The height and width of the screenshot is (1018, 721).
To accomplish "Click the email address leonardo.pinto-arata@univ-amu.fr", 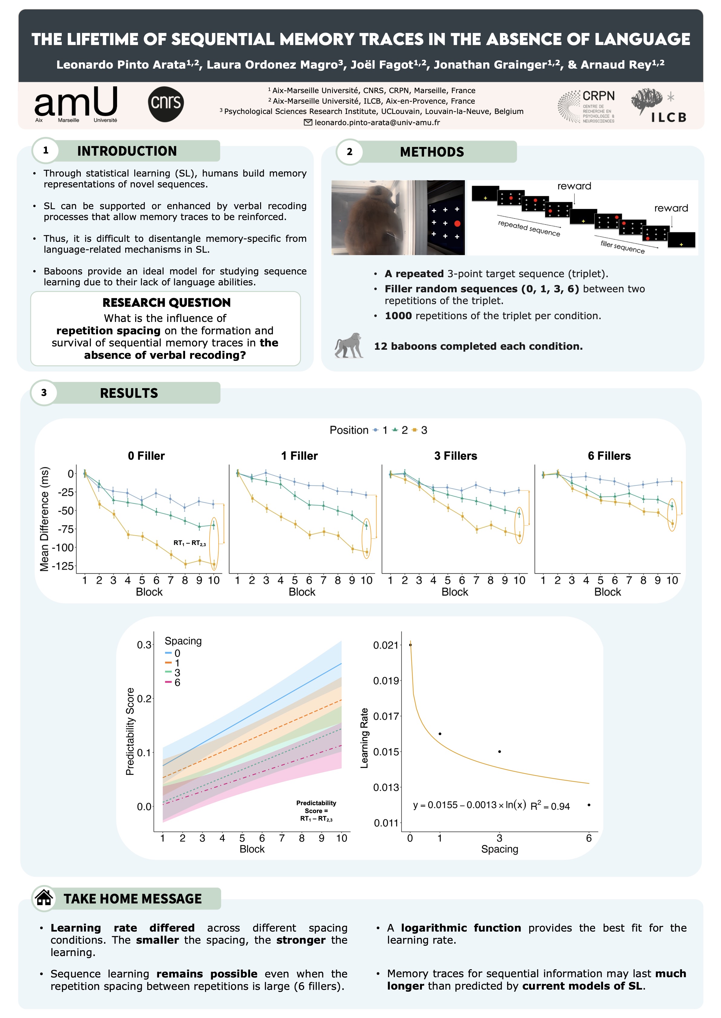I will [377, 122].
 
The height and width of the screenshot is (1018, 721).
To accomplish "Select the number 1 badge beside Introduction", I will [46, 150].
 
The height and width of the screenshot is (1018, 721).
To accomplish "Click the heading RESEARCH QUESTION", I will [166, 303].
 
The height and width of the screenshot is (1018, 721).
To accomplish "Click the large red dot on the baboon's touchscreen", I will [457, 224].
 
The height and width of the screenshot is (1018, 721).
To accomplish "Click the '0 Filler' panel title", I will [146, 456].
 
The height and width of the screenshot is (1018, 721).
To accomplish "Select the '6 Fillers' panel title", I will [609, 456].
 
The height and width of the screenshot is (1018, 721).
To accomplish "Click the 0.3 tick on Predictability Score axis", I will [144, 644].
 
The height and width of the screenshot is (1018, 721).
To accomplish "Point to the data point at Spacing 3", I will [499, 751].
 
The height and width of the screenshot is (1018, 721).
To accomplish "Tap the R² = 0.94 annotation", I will [550, 806].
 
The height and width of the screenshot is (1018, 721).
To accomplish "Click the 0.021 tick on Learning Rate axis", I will [385, 645].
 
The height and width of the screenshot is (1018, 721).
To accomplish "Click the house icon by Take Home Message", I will [44, 898].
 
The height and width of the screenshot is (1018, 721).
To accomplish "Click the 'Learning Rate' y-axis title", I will [364, 738].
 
